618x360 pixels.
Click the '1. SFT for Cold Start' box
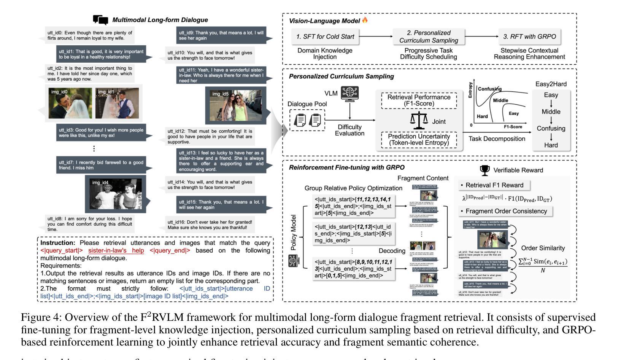pyautogui.click(x=325, y=37)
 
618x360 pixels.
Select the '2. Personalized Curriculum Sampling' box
pyautogui.click(x=429, y=37)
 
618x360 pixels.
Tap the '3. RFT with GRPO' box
pyautogui.click(x=529, y=37)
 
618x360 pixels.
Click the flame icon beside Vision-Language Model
pyautogui.click(x=365, y=20)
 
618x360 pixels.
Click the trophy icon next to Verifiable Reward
pyautogui.click(x=484, y=170)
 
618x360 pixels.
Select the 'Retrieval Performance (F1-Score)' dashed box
pyautogui.click(x=419, y=100)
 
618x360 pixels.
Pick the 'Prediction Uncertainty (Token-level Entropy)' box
pyautogui.click(x=419, y=140)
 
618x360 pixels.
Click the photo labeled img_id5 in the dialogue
pyautogui.click(x=236, y=105)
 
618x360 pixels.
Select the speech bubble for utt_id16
pyautogui.click(x=210, y=225)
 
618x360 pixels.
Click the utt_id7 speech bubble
pyautogui.click(x=101, y=165)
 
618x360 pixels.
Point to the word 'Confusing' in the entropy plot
pyautogui.click(x=489, y=89)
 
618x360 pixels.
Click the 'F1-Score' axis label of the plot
pyautogui.click(x=513, y=127)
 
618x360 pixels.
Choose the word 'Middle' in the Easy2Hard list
pyautogui.click(x=551, y=112)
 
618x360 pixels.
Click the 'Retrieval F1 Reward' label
pyautogui.click(x=494, y=185)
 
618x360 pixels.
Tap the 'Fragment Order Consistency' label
pyautogui.click(x=506, y=211)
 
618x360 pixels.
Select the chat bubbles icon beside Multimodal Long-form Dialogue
pyautogui.click(x=100, y=20)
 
